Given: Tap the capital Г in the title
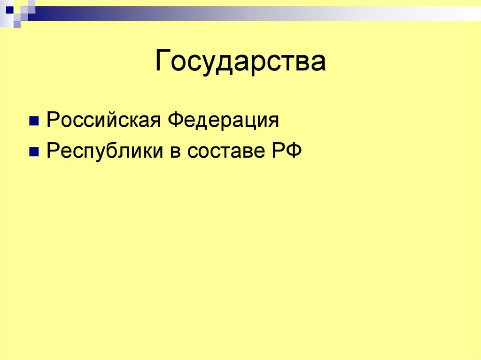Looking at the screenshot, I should (x=163, y=61).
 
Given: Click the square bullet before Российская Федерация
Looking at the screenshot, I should (x=34, y=122).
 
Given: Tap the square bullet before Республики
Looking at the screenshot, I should (x=34, y=153).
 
